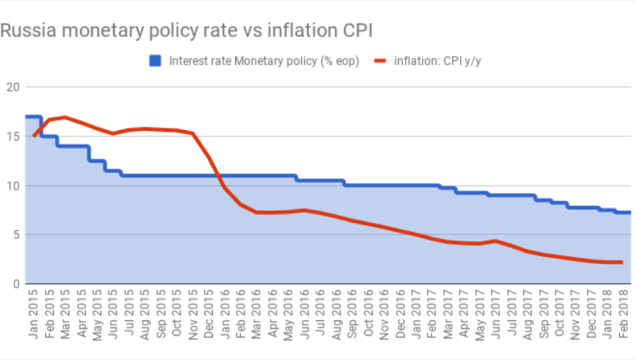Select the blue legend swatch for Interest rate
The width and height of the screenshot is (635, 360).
click(155, 61)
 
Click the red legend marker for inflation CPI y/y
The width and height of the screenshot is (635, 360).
click(380, 61)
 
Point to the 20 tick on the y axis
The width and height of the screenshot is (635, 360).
click(13, 87)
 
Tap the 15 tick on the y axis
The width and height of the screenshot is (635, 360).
click(13, 136)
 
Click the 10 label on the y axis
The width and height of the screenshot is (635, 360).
click(13, 186)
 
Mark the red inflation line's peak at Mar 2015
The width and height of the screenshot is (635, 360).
click(65, 117)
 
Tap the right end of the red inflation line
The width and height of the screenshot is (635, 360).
click(622, 262)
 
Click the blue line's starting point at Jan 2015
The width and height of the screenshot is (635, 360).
click(27, 116)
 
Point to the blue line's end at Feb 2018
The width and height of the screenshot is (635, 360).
click(629, 212)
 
